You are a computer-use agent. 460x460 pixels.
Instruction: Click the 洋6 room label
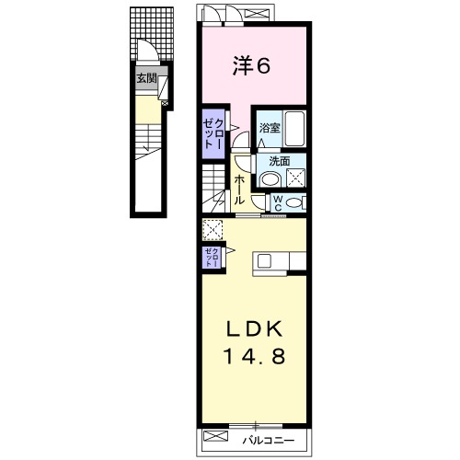click(x=251, y=65)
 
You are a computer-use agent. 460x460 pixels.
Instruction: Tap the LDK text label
click(x=254, y=328)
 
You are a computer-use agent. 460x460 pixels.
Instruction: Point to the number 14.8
click(x=255, y=356)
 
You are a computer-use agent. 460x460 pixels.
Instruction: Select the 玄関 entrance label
click(x=146, y=78)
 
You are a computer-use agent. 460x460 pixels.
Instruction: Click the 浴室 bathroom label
click(x=270, y=128)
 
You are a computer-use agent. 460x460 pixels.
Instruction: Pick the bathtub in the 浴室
click(x=294, y=129)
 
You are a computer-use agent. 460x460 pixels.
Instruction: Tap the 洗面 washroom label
click(x=280, y=161)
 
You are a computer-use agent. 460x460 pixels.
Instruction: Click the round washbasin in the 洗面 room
click(x=270, y=179)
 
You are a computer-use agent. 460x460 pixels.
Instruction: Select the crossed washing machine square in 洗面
click(x=295, y=178)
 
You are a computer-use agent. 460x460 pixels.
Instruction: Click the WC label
click(x=278, y=203)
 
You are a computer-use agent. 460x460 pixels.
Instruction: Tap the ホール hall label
click(x=239, y=190)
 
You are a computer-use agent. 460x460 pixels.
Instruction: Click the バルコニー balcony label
click(x=269, y=441)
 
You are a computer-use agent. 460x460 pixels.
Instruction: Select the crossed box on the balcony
click(x=216, y=436)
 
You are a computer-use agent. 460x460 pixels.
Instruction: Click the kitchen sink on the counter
click(x=264, y=261)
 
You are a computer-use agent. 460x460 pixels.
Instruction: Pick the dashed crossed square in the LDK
click(x=213, y=230)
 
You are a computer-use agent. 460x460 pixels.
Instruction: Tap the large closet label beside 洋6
click(x=213, y=133)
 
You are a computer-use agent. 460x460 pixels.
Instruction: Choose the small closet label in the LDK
click(x=213, y=257)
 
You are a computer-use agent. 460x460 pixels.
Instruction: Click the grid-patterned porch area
click(x=152, y=34)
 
